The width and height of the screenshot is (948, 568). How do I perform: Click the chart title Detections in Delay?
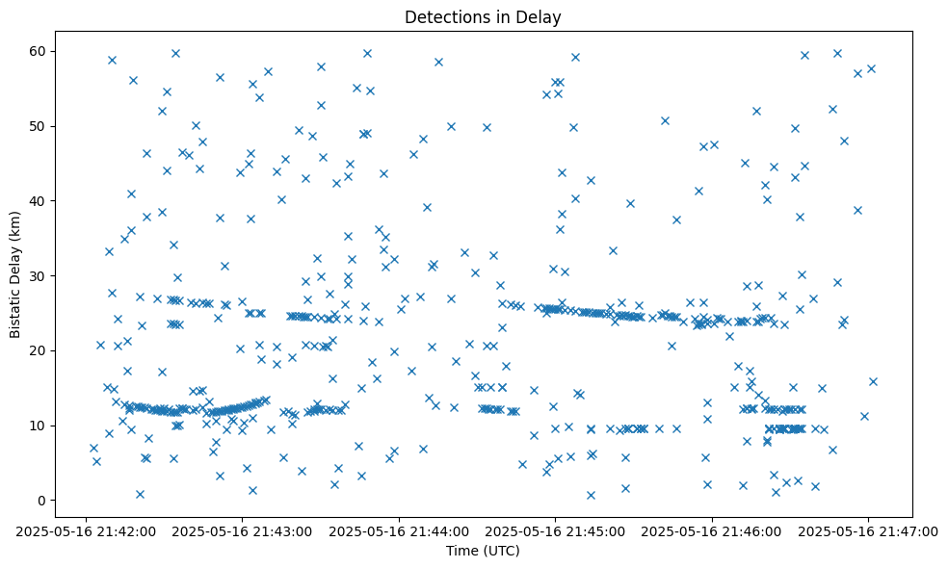tap(482, 17)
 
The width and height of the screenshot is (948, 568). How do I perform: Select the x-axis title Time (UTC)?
tap(482, 551)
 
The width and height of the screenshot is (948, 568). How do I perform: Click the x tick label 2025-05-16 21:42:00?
tap(85, 530)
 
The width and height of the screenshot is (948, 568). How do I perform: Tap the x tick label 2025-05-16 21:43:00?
tap(242, 530)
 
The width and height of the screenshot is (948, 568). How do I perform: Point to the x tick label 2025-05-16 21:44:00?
tap(399, 530)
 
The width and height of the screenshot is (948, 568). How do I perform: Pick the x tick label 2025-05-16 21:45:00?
tap(555, 530)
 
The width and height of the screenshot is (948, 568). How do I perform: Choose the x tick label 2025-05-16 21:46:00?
tap(712, 530)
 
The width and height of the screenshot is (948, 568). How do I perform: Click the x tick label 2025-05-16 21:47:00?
tap(868, 530)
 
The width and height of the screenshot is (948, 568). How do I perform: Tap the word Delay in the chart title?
tap(541, 17)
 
